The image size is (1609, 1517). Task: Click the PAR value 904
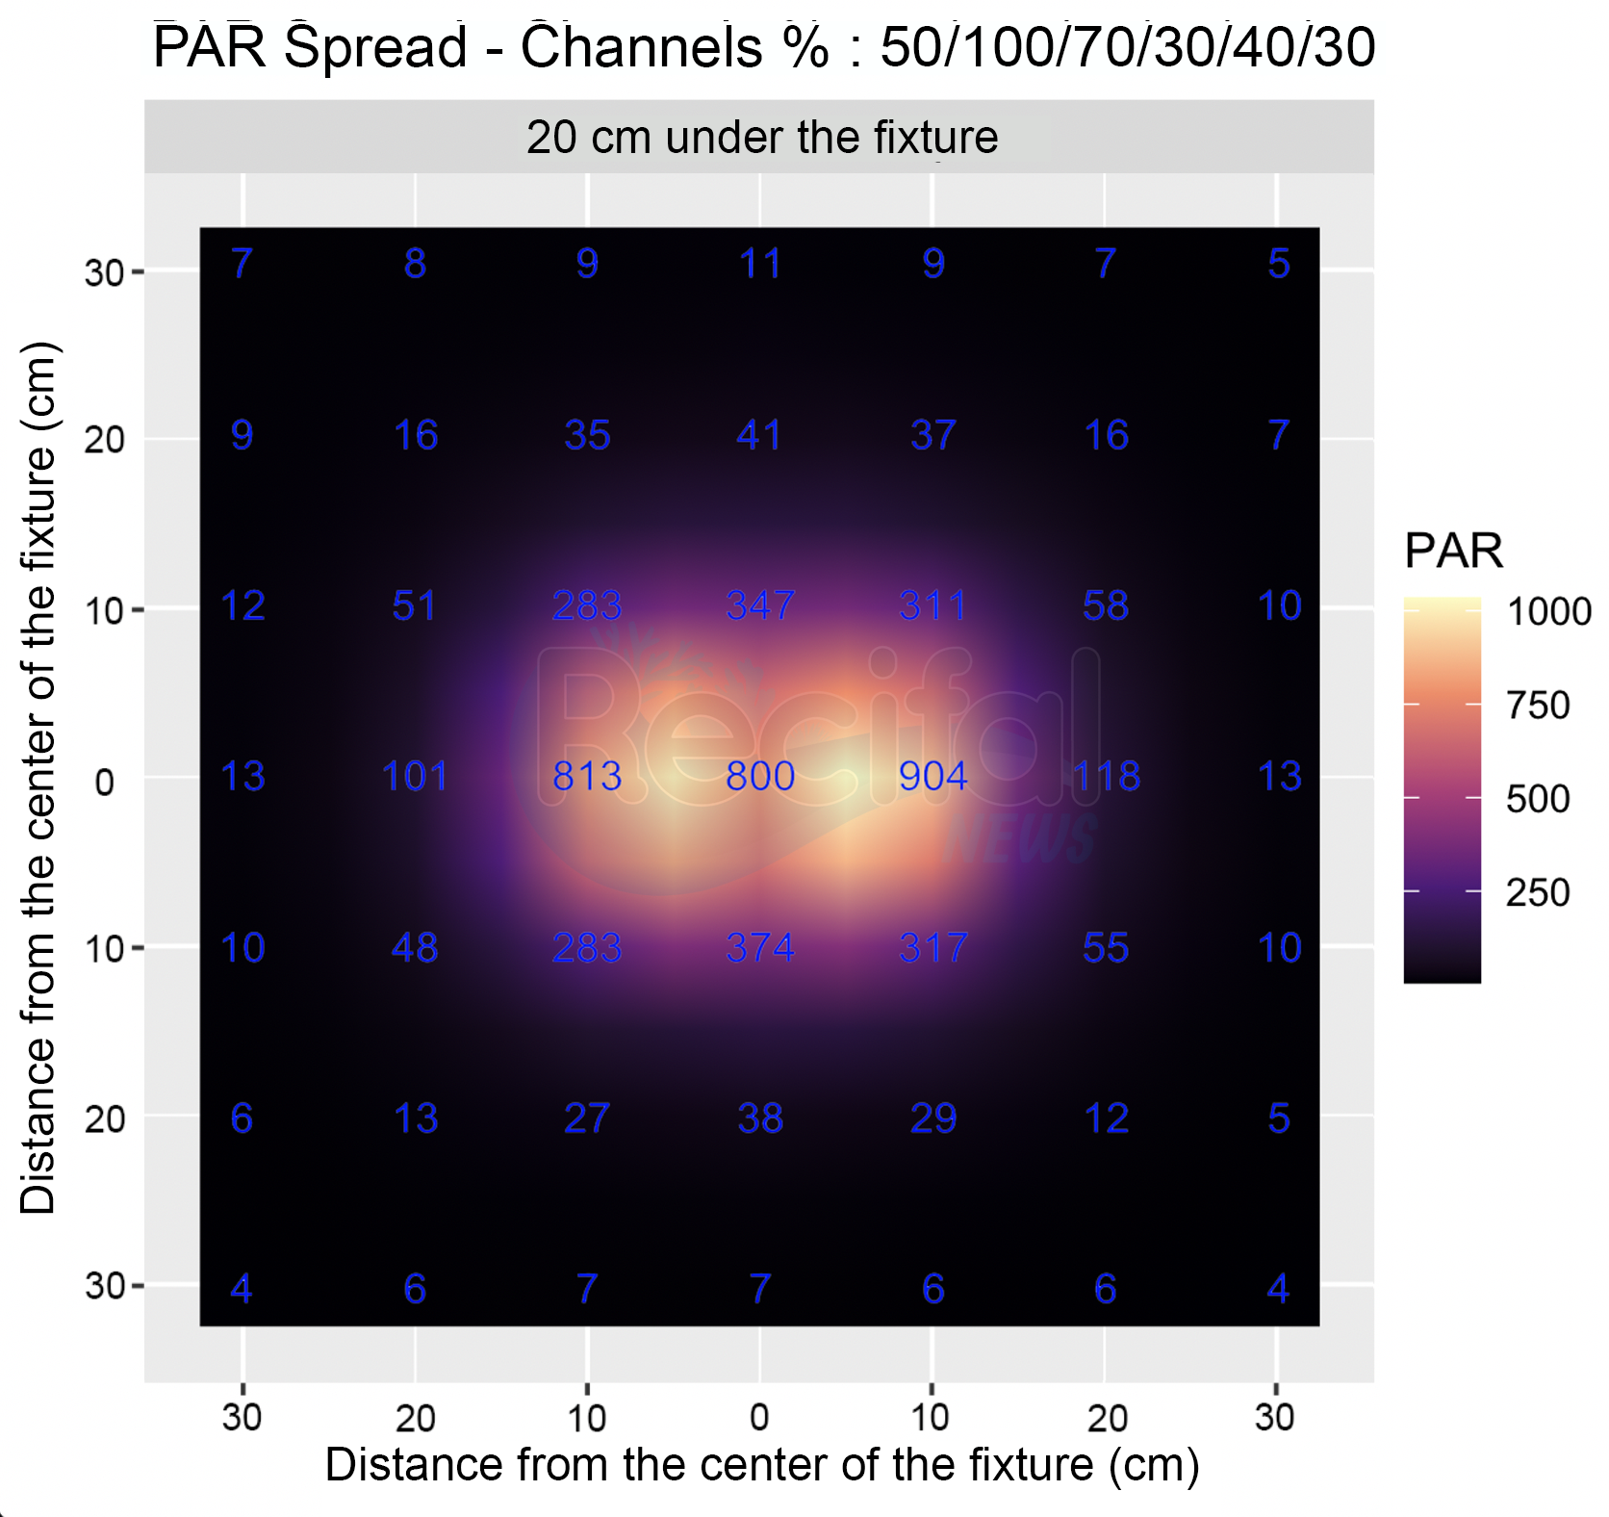932,776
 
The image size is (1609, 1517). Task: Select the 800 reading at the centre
760,776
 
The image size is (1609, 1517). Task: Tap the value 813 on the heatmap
587,776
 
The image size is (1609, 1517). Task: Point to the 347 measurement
760,605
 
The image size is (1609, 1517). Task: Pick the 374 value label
760,948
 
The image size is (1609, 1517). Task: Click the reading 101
415,776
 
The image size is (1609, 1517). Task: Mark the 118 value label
1107,776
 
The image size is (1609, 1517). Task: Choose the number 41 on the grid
759,435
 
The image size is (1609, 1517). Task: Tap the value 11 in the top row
760,264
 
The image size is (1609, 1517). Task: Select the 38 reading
760,1118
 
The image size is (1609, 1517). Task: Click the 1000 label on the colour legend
1548,611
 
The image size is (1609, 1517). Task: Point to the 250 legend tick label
1538,892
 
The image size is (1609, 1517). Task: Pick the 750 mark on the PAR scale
1538,706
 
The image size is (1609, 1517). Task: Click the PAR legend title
1453,551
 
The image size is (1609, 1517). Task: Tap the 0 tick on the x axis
759,1417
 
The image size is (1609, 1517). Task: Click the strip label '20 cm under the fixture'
761,137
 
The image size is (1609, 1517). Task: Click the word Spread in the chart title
376,46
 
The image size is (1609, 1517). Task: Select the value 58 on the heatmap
1106,605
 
